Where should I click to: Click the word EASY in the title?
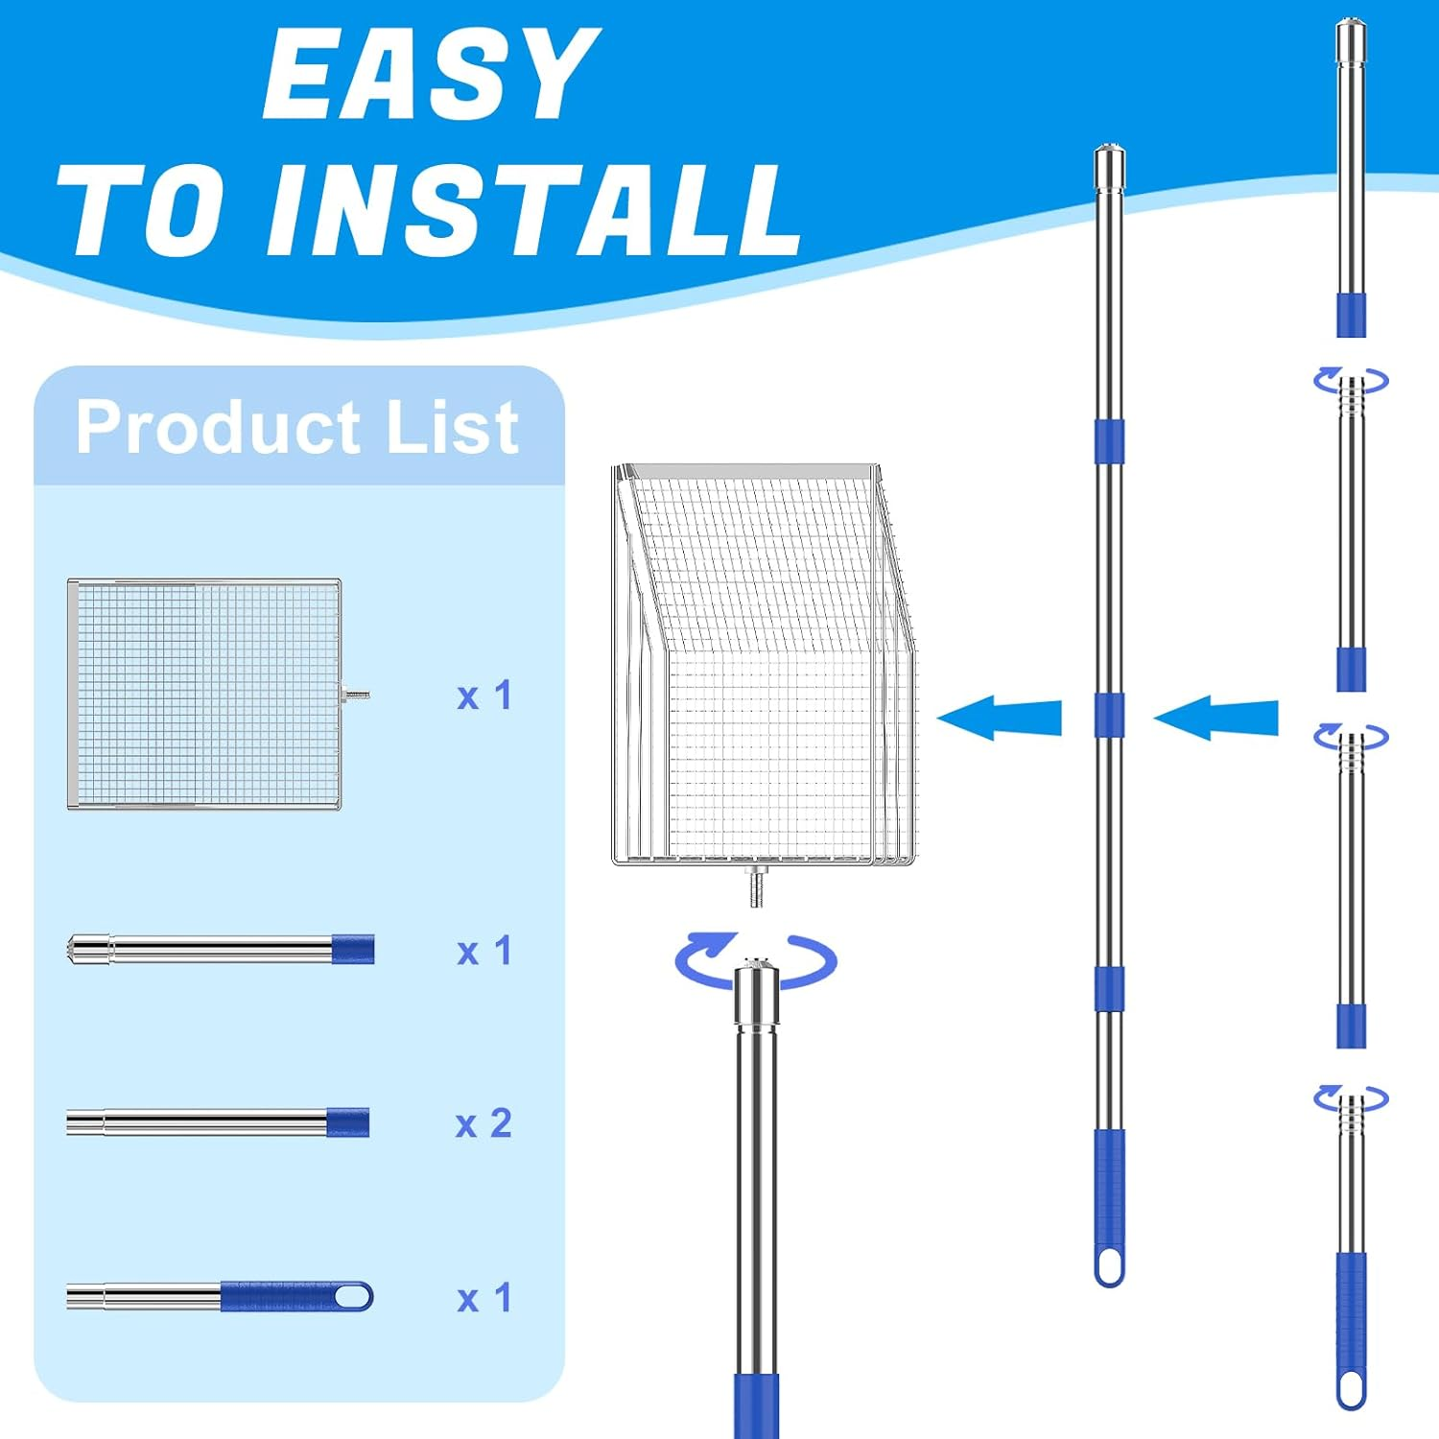pyautogui.click(x=432, y=74)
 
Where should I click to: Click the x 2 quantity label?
pyautogui.click(x=484, y=1123)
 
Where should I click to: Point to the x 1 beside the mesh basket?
pyautogui.click(x=484, y=696)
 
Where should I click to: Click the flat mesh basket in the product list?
pyautogui.click(x=204, y=694)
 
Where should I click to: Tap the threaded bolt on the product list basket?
pyautogui.click(x=356, y=695)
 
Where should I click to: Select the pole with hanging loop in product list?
pyautogui.click(x=220, y=1296)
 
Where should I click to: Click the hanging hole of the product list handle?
pyautogui.click(x=352, y=1296)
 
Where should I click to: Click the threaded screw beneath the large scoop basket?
pyautogui.click(x=756, y=886)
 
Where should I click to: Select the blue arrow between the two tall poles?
pyautogui.click(x=1215, y=719)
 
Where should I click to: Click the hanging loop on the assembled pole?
pyautogui.click(x=1109, y=1265)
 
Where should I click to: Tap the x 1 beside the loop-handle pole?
pyautogui.click(x=484, y=1298)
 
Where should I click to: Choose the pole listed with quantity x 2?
pyautogui.click(x=218, y=1122)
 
